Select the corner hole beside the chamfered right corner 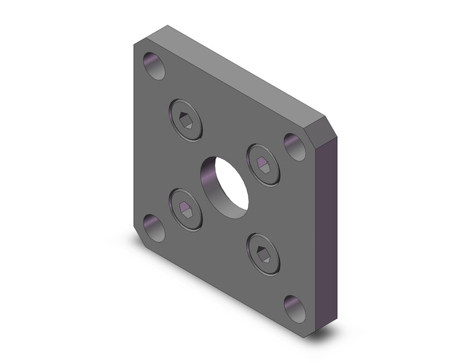point(294,146)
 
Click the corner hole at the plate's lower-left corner point(153,228)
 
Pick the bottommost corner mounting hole point(294,307)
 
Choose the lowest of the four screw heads point(264,252)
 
